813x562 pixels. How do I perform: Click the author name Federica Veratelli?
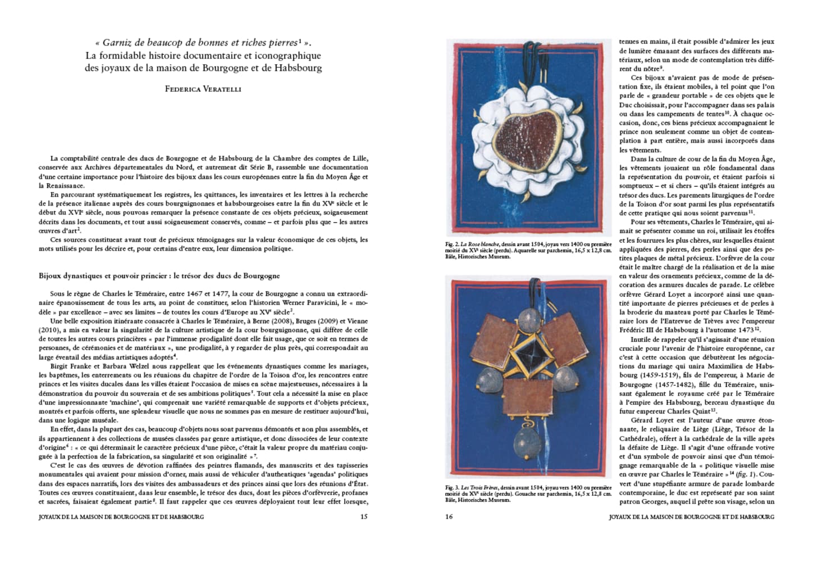pyautogui.click(x=203, y=89)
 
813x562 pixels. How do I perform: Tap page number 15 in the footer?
pyautogui.click(x=364, y=516)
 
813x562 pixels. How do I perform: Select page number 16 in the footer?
pyautogui.click(x=449, y=516)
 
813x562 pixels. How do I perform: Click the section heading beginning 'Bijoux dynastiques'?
pyautogui.click(x=159, y=276)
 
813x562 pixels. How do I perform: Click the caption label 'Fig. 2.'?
pyautogui.click(x=452, y=244)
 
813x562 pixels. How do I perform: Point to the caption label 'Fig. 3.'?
pyautogui.click(x=452, y=487)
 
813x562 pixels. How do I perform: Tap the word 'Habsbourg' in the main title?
pyautogui.click(x=298, y=68)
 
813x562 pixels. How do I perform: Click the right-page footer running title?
pyautogui.click(x=691, y=516)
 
